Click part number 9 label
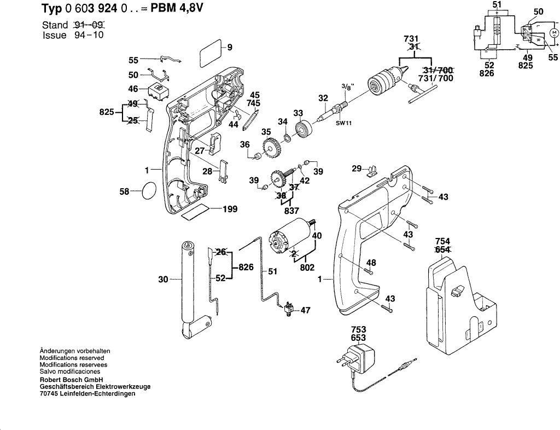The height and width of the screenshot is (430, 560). [x=230, y=47]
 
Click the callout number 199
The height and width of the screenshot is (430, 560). [x=229, y=209]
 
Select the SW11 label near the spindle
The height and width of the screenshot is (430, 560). [x=343, y=123]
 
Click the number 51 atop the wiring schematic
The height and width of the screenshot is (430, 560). [x=497, y=5]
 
